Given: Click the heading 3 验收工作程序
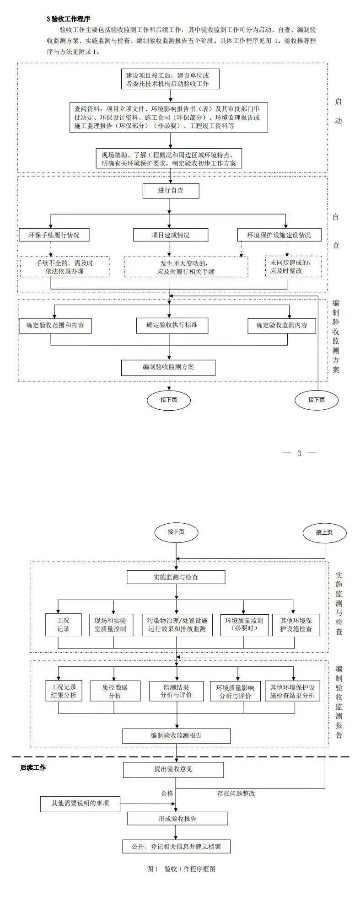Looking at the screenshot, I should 68,19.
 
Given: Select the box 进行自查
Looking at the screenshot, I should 171,190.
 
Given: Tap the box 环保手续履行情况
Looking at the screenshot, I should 54,235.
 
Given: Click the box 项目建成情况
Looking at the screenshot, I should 171,235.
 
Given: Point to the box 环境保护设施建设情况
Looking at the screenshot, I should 279,235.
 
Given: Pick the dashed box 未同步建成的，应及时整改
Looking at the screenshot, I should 293,267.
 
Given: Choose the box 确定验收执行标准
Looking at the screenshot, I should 172,325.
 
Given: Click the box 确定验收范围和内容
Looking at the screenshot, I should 55,326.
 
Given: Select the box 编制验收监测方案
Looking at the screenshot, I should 168,367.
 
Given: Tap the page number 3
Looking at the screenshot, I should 299,453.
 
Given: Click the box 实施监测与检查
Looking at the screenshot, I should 176,577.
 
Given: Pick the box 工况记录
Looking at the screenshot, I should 63,625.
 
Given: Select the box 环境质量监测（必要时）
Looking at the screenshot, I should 244,625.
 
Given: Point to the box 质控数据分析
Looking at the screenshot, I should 115,691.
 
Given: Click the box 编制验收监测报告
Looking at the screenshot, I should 176,736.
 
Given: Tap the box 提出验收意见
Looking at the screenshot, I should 173,769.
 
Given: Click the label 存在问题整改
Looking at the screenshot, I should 236,794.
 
